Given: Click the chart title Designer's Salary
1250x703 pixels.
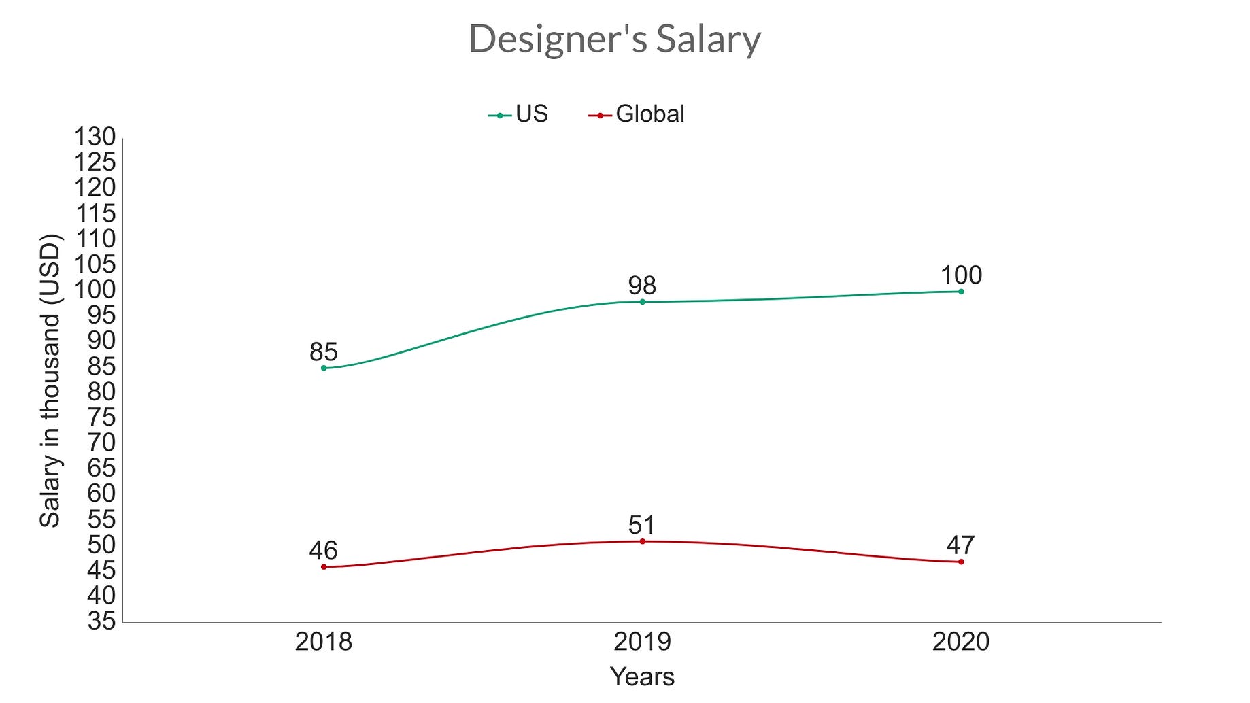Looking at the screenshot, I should [614, 39].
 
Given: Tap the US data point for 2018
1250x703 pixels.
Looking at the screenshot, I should [324, 368].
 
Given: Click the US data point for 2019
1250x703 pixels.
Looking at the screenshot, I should [642, 301].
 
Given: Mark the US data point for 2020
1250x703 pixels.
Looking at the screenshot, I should [961, 292].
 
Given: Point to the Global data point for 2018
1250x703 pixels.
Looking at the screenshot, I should [324, 566].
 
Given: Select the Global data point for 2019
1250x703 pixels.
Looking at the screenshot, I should [642, 541].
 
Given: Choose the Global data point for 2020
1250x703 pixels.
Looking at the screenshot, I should [961, 562].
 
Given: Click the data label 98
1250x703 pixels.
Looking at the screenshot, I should [642, 285].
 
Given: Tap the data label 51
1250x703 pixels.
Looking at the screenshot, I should [642, 525].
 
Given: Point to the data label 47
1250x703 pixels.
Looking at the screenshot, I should [961, 545].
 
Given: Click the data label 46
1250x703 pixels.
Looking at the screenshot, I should [324, 550].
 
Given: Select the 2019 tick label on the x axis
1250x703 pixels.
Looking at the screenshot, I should [642, 642].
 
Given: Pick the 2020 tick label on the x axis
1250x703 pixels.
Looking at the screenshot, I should [961, 642].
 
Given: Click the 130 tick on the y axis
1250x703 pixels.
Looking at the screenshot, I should [95, 137].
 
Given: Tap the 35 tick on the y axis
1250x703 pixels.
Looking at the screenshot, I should [101, 621].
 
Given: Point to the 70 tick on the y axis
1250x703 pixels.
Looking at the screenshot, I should [101, 443].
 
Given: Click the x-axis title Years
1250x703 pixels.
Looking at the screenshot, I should [642, 677].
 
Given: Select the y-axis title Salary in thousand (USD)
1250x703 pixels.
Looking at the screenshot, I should [50, 381].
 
